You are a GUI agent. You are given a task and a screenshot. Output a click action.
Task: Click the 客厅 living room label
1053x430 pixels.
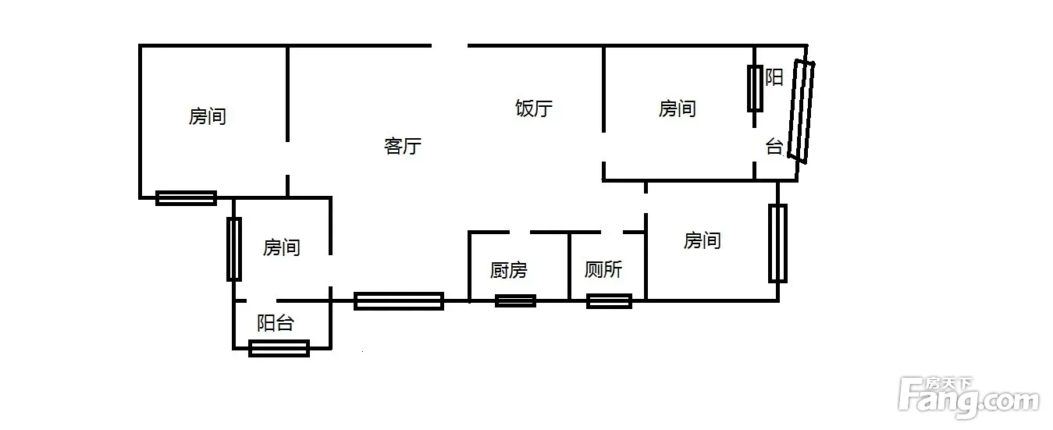(403, 146)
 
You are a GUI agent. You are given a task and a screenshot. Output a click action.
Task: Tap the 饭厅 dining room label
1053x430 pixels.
(534, 108)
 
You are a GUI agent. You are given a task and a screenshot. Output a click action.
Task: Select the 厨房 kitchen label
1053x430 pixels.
(508, 271)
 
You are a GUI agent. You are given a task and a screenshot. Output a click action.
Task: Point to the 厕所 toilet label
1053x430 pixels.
(603, 270)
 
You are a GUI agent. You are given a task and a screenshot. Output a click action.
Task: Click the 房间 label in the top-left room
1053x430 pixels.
(208, 117)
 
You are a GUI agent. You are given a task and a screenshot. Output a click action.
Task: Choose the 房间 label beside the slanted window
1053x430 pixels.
(677, 108)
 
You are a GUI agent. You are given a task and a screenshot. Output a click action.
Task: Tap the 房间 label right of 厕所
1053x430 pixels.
(702, 241)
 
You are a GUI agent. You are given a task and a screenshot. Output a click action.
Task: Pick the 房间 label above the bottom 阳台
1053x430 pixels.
(281, 248)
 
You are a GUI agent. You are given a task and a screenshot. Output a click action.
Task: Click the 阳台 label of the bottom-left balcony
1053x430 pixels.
(275, 323)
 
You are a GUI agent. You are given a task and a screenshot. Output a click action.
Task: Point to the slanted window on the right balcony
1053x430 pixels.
(800, 111)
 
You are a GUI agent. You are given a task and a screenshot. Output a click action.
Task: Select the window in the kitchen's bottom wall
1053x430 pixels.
(515, 300)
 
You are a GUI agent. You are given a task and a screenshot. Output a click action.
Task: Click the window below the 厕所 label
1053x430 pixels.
(609, 300)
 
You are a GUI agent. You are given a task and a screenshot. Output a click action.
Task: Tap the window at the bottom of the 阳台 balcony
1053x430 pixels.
(279, 348)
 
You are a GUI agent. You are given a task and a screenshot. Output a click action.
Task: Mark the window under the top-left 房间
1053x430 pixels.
(186, 198)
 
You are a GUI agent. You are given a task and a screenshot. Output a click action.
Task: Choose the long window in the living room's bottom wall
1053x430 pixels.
(399, 300)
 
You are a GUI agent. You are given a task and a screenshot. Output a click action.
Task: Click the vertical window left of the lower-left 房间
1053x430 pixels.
(233, 249)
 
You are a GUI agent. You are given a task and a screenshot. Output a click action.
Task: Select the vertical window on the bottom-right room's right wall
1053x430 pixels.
(777, 243)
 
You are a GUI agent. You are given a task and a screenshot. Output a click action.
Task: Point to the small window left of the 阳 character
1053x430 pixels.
(755, 89)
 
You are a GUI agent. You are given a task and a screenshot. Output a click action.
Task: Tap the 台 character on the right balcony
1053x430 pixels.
(774, 147)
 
